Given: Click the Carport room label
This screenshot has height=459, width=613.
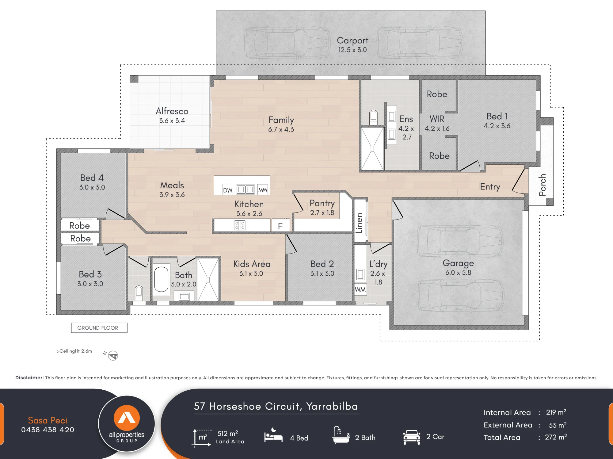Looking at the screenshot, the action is [352, 40].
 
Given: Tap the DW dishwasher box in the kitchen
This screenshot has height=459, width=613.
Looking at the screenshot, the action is [228, 190].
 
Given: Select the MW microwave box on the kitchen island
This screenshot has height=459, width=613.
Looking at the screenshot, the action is [263, 190].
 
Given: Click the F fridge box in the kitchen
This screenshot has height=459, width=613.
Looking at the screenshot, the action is [280, 226].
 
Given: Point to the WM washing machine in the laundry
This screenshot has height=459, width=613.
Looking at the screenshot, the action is [360, 290].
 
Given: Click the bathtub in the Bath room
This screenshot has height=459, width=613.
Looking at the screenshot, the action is [161, 279].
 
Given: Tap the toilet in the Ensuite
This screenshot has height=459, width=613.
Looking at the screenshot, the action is [373, 117].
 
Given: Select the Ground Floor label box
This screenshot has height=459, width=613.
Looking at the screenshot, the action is [99, 328].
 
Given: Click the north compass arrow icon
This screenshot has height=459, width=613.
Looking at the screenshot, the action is [112, 355].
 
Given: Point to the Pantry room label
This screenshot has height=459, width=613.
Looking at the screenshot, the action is [322, 203].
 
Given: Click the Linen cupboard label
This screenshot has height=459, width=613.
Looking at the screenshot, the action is [360, 223].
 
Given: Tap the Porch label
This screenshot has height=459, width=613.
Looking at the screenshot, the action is [542, 185].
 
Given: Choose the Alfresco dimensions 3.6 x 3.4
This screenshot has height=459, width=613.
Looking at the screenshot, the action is [172, 120].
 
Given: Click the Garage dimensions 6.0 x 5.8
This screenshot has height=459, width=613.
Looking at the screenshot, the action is [458, 272].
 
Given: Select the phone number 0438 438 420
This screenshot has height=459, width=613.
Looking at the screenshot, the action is [48, 430].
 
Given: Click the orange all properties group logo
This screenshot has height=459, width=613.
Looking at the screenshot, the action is [127, 418].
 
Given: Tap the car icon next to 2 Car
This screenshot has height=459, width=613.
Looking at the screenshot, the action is [412, 437].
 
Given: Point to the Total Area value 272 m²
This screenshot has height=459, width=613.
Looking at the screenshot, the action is [556, 437].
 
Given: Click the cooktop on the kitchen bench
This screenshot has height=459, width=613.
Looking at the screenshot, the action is [240, 226].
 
